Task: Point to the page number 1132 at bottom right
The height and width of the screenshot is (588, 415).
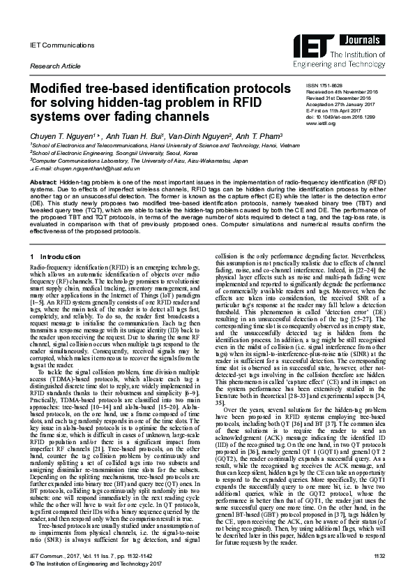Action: [x=379, y=575]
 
